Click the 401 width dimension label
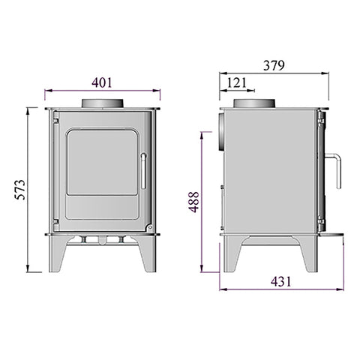(102, 82)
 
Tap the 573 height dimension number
(20, 190)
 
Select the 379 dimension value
(274, 65)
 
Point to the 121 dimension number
(237, 82)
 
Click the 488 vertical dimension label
(194, 202)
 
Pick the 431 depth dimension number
(281, 281)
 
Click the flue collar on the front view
(102, 103)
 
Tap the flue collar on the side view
(254, 103)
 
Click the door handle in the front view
(143, 171)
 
